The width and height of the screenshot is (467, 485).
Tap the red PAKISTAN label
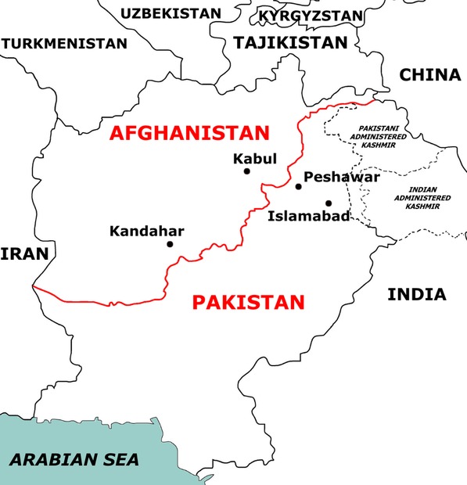pyautogui.click(x=248, y=302)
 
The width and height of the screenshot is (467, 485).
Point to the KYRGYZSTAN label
pyautogui.click(x=311, y=16)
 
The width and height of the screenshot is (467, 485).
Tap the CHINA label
pyautogui.click(x=429, y=75)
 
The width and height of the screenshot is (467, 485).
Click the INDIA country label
pyautogui.click(x=417, y=295)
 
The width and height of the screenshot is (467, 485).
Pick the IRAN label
pyautogui.click(x=24, y=253)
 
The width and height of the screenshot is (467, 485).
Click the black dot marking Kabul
pyautogui.click(x=247, y=171)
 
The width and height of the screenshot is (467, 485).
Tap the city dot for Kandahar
pyautogui.click(x=170, y=244)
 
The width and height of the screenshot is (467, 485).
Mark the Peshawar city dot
pyautogui.click(x=298, y=186)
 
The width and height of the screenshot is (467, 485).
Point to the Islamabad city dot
pyautogui.click(x=329, y=203)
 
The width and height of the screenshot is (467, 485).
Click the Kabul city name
pyautogui.click(x=255, y=158)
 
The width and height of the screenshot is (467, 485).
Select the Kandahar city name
pyautogui.click(x=146, y=231)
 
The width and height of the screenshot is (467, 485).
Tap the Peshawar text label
pyautogui.click(x=341, y=177)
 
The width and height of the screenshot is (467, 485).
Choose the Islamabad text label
pyautogui.click(x=308, y=216)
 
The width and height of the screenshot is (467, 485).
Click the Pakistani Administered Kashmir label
pyautogui.click(x=383, y=135)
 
